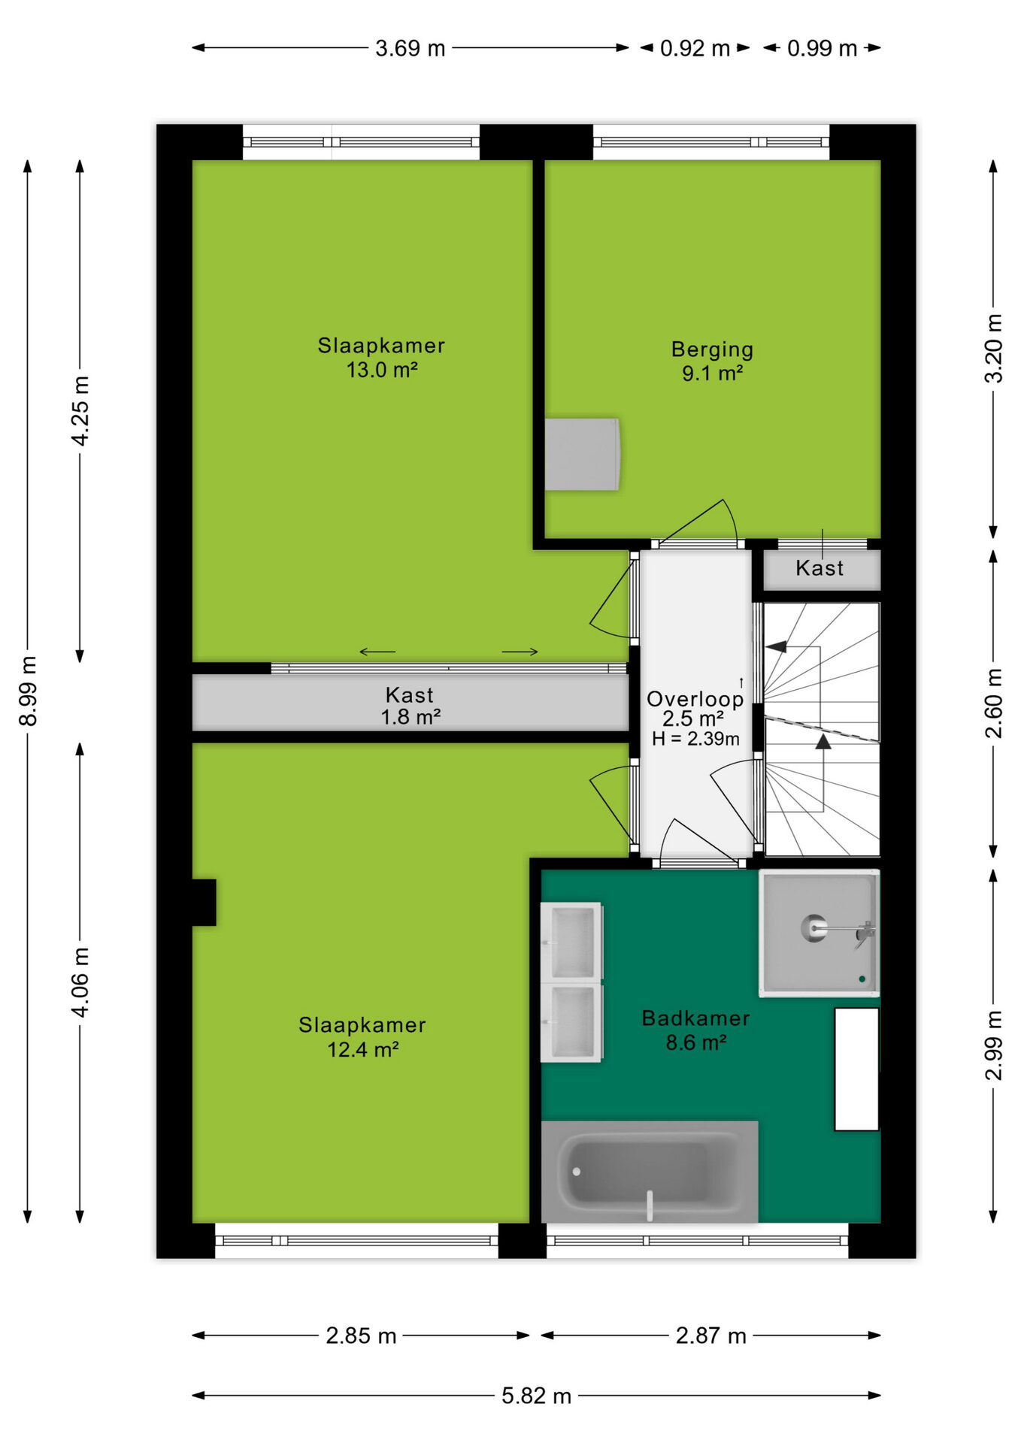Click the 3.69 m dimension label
coord(410,49)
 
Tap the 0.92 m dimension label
coord(695,49)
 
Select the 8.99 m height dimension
coord(28,691)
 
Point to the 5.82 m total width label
coord(536,1396)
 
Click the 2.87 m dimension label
coord(710,1336)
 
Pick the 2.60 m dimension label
coord(993,703)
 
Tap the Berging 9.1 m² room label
coord(712,361)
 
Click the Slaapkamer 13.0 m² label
coord(381,357)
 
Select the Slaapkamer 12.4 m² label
coord(362,1036)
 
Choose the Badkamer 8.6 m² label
coord(695,1030)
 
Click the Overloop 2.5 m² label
coord(695,709)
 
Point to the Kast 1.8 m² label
coord(410,706)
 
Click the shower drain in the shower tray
coord(813,927)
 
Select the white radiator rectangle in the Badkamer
coord(856,1069)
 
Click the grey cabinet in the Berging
coord(582,454)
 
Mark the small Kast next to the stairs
coord(821,570)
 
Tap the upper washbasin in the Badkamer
coord(571,941)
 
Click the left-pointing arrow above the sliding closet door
coord(377,652)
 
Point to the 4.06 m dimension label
coord(80,982)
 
